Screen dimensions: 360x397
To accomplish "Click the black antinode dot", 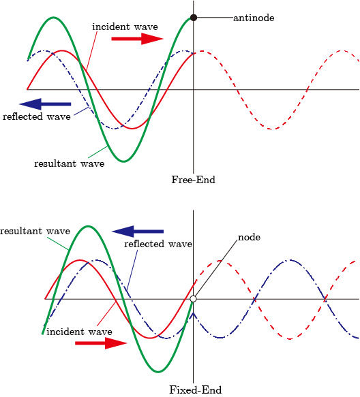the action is tap(194, 18).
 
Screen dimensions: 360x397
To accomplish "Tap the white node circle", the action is tap(193, 299).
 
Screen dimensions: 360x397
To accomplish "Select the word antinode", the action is tap(254, 18).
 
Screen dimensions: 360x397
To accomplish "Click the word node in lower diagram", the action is tap(250, 238).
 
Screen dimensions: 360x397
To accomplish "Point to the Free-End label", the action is tap(193, 180).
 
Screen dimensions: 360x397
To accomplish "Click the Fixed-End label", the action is tap(195, 390).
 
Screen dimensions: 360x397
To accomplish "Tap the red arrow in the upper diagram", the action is tap(137, 39).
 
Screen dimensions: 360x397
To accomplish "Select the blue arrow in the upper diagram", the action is tap(45, 104).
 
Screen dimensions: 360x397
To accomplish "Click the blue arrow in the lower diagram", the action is tap(138, 232).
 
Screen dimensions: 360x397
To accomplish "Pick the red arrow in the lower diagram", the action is tap(101, 343).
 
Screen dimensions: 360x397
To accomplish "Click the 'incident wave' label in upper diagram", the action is tap(125, 27).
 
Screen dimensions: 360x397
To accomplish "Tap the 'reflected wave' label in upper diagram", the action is tap(37, 117).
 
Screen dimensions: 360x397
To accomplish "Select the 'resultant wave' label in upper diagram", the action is tap(70, 164).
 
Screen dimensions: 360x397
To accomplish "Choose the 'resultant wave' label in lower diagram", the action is tap(35, 231).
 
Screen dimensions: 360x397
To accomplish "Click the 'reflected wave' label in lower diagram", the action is tap(158, 244).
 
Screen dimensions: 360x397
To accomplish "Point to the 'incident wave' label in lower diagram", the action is tap(79, 332).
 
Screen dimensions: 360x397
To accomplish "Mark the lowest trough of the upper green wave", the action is tap(123, 161).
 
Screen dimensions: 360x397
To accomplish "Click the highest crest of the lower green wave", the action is tap(88, 226).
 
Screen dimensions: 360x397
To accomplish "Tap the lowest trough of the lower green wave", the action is tap(157, 372).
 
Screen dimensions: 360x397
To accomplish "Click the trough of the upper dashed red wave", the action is tap(271, 129).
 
